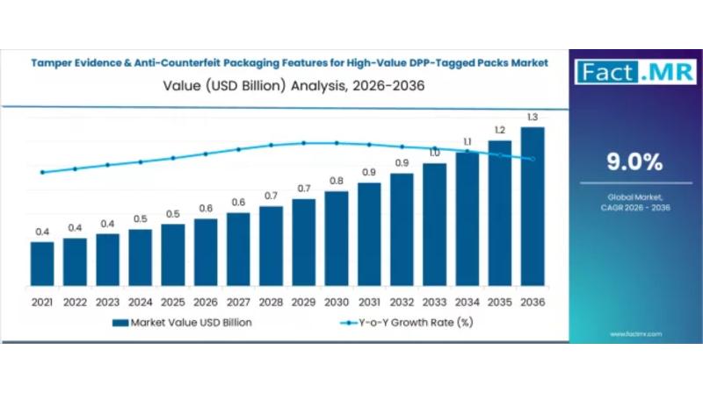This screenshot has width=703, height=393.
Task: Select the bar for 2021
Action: pyautogui.click(x=41, y=268)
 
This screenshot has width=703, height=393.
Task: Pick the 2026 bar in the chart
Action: pyautogui.click(x=206, y=255)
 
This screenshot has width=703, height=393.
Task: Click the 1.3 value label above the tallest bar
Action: pyautogui.click(x=533, y=118)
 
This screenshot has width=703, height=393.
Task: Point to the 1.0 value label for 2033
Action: pyautogui.click(x=434, y=154)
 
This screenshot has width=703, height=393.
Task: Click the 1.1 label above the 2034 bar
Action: pyautogui.click(x=467, y=141)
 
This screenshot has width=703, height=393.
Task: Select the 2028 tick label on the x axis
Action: pyautogui.click(x=271, y=303)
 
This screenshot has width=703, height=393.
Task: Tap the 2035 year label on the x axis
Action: pyautogui.click(x=500, y=303)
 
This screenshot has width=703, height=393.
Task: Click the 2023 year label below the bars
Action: pyautogui.click(x=107, y=303)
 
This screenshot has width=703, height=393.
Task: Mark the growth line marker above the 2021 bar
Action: pyautogui.click(x=41, y=173)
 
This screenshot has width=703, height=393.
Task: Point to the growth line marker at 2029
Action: pyautogui.click(x=303, y=143)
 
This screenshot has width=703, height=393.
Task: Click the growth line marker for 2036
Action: pyautogui.click(x=533, y=159)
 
